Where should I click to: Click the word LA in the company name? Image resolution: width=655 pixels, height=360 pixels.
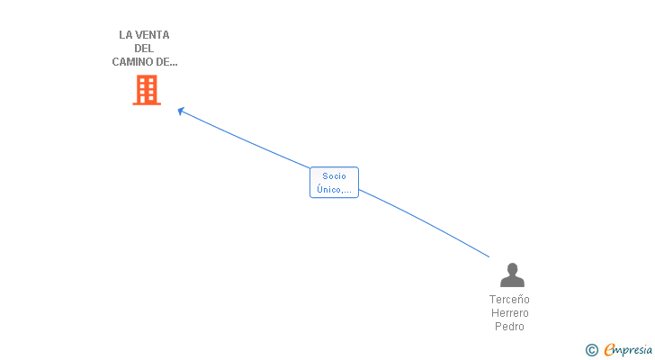point(125,35)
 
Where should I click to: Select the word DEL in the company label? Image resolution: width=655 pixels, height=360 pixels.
point(144,49)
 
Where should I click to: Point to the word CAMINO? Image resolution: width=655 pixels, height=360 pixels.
point(131,62)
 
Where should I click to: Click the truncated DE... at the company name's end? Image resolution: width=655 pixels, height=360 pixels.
point(166,62)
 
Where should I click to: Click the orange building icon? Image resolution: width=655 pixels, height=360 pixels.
point(147,90)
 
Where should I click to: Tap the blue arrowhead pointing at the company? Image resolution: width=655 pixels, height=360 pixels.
point(181,111)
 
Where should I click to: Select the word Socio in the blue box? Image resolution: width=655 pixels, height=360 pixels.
point(334,176)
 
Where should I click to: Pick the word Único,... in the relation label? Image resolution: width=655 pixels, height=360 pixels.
point(334,189)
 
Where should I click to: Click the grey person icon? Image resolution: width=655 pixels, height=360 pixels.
point(512,274)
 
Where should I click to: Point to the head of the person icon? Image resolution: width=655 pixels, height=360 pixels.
point(512,268)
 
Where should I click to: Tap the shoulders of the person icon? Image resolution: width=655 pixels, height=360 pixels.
point(512,282)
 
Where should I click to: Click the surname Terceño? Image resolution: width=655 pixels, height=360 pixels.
point(509,300)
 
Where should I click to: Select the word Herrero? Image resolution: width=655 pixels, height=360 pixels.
point(509,313)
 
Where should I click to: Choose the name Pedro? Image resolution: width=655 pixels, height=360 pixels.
point(509,327)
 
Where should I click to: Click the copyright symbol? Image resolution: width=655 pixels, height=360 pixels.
point(591,349)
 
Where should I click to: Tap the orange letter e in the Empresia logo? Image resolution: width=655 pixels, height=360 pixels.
point(609,349)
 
